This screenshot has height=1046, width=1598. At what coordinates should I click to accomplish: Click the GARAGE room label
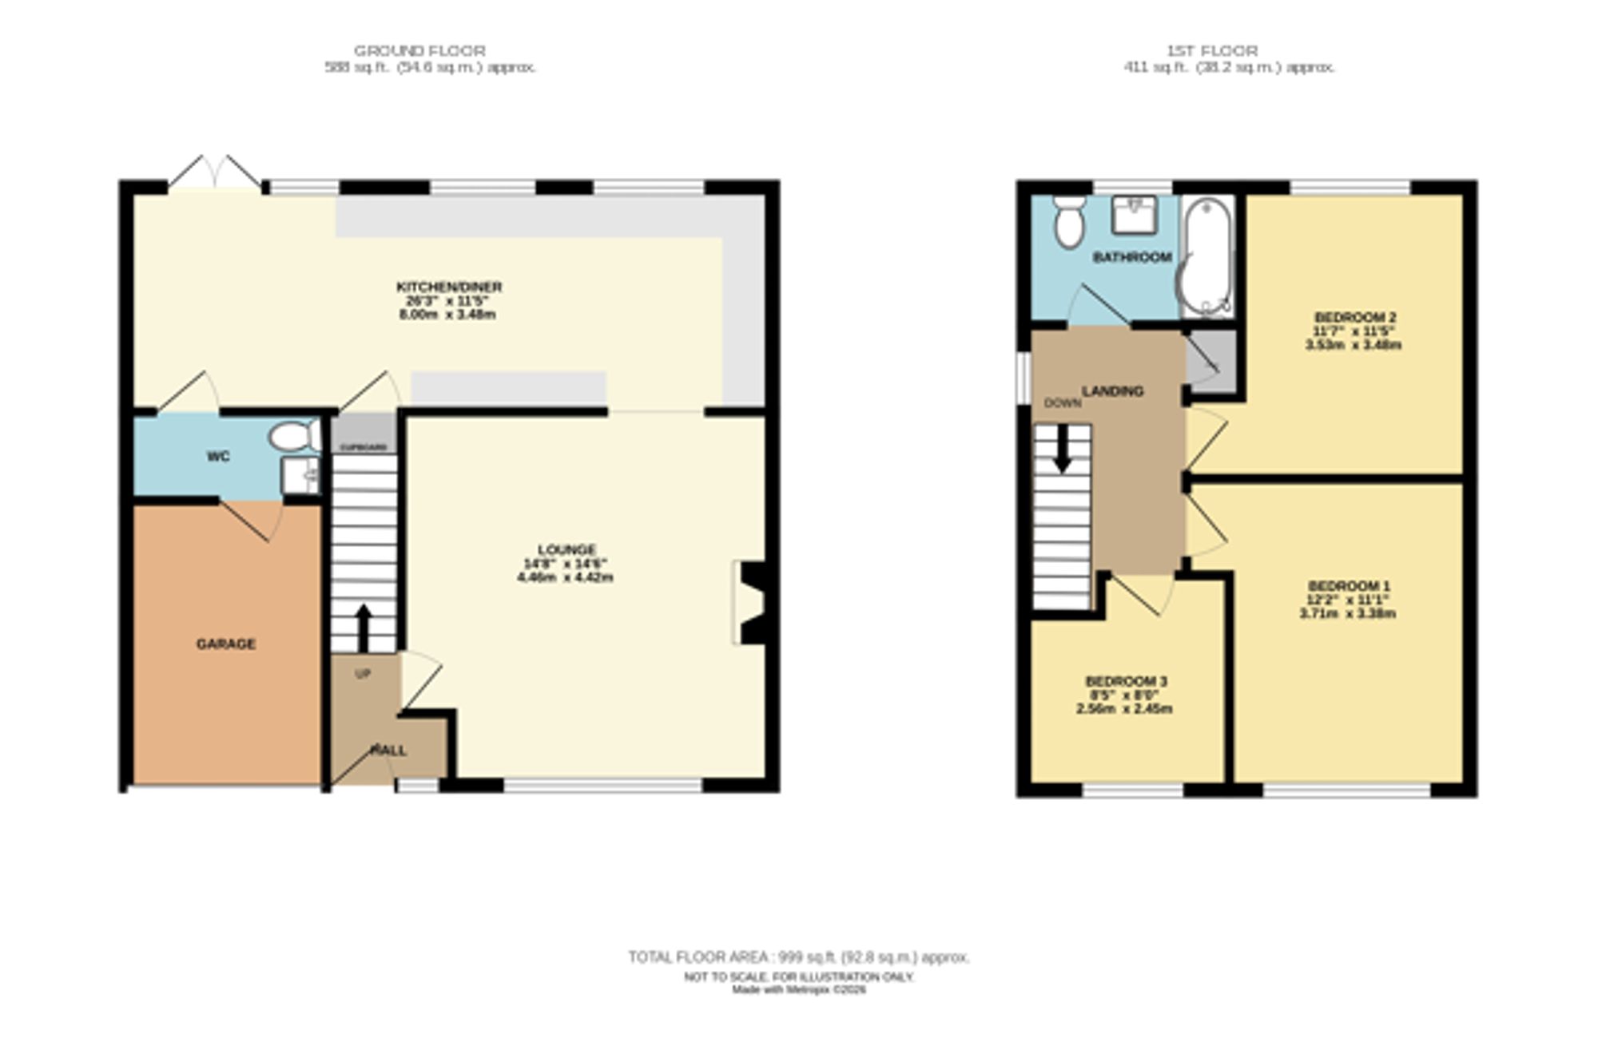point(226,644)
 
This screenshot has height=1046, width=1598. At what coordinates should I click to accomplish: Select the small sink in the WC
point(300,475)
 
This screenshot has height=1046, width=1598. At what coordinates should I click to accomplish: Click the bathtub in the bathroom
point(1207,257)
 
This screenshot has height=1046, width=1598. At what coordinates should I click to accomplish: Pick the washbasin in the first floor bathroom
point(1135,214)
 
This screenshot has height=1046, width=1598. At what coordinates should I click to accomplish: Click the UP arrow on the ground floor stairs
point(364,627)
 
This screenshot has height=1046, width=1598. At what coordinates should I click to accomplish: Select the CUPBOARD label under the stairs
point(364,448)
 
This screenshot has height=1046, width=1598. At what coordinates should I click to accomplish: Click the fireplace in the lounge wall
point(751,603)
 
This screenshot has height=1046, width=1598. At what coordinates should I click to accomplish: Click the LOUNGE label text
point(566,549)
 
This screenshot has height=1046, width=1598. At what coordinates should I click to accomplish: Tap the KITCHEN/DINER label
point(449,287)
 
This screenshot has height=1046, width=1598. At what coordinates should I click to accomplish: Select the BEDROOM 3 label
point(1126,681)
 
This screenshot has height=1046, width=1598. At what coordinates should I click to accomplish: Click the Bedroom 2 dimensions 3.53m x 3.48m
point(1353,345)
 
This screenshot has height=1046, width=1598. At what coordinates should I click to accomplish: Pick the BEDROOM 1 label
point(1349,586)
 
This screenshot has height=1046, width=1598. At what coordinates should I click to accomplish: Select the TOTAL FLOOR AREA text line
point(798,957)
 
